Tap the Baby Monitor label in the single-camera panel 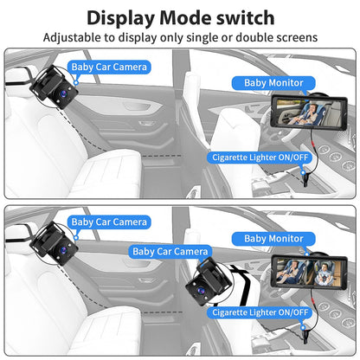273,83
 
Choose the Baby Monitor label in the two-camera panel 274,238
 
